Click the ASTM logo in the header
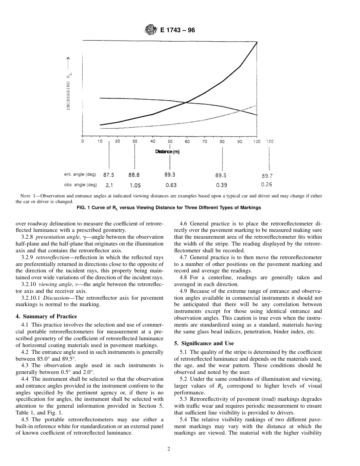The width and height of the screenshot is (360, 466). tap(151, 30)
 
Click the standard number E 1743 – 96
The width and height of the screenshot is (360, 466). tap(177, 30)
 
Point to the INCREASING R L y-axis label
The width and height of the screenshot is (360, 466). tap(69, 91)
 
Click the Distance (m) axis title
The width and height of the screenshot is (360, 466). tap(167, 152)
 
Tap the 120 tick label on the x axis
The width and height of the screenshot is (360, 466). tap(269, 141)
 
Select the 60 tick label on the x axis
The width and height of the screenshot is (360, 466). tap(187, 141)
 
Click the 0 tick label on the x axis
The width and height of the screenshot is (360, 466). tap(83, 141)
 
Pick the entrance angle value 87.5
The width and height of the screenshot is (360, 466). tap(109, 175)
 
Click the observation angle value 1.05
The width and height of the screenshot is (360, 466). tap(135, 185)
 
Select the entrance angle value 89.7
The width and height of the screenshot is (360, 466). tap(267, 175)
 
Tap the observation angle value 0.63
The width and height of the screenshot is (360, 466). tap(171, 185)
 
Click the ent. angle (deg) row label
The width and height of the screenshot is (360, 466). tap(80, 175)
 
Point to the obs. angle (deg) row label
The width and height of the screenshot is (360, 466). tap(80, 185)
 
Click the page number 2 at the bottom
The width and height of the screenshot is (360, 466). tap(169, 449)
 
